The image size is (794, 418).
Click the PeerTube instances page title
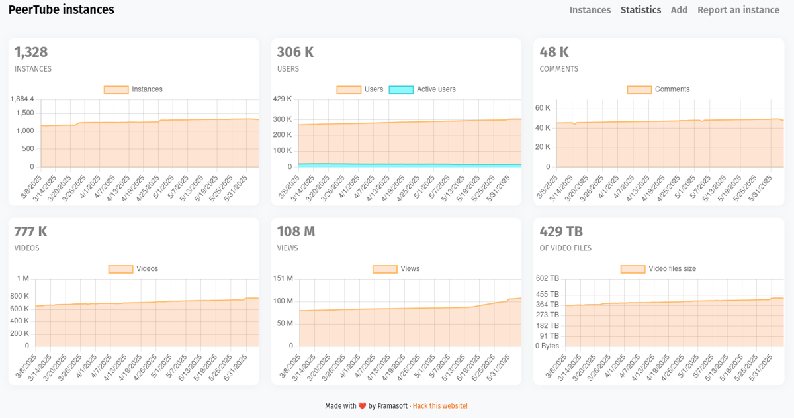coord(61,10)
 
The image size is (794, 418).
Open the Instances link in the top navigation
coord(590,10)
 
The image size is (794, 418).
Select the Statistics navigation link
coord(640,10)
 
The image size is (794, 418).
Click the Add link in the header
coord(679,10)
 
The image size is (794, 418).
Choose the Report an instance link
coord(738,10)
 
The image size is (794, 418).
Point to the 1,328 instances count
coord(31,52)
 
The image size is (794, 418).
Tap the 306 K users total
coord(295,52)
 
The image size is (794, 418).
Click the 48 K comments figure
coord(554,52)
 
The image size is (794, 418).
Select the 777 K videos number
coord(31,232)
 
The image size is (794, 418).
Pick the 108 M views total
coord(296,232)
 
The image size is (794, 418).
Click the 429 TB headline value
coord(561,232)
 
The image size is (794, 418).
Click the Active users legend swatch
coord(401,89)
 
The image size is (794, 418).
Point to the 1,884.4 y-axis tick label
coord(22,99)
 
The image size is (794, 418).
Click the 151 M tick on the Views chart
coord(283,279)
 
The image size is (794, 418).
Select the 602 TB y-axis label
coord(547,279)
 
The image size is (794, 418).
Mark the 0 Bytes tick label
coord(547,346)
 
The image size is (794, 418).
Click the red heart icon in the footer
coord(362,406)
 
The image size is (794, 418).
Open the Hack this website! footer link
coord(440,406)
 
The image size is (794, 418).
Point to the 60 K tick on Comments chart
coord(543,108)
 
